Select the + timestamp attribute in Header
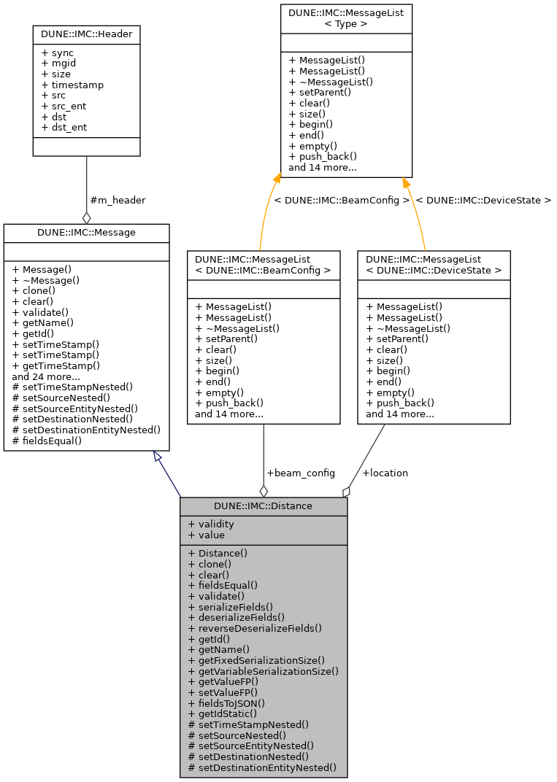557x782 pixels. point(72,85)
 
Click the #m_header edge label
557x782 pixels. point(117,200)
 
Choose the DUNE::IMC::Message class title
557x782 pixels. point(86,232)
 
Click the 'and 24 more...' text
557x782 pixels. point(46,376)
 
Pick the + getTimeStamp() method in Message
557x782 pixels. point(55,365)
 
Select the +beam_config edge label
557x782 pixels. point(300,473)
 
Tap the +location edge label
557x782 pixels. point(385,473)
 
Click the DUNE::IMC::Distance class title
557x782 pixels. point(263,506)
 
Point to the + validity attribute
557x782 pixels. point(211,524)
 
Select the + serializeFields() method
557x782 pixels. point(231,606)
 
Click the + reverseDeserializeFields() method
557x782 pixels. point(255,627)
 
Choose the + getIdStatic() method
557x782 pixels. point(223,713)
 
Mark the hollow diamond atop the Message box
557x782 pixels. point(87,217)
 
